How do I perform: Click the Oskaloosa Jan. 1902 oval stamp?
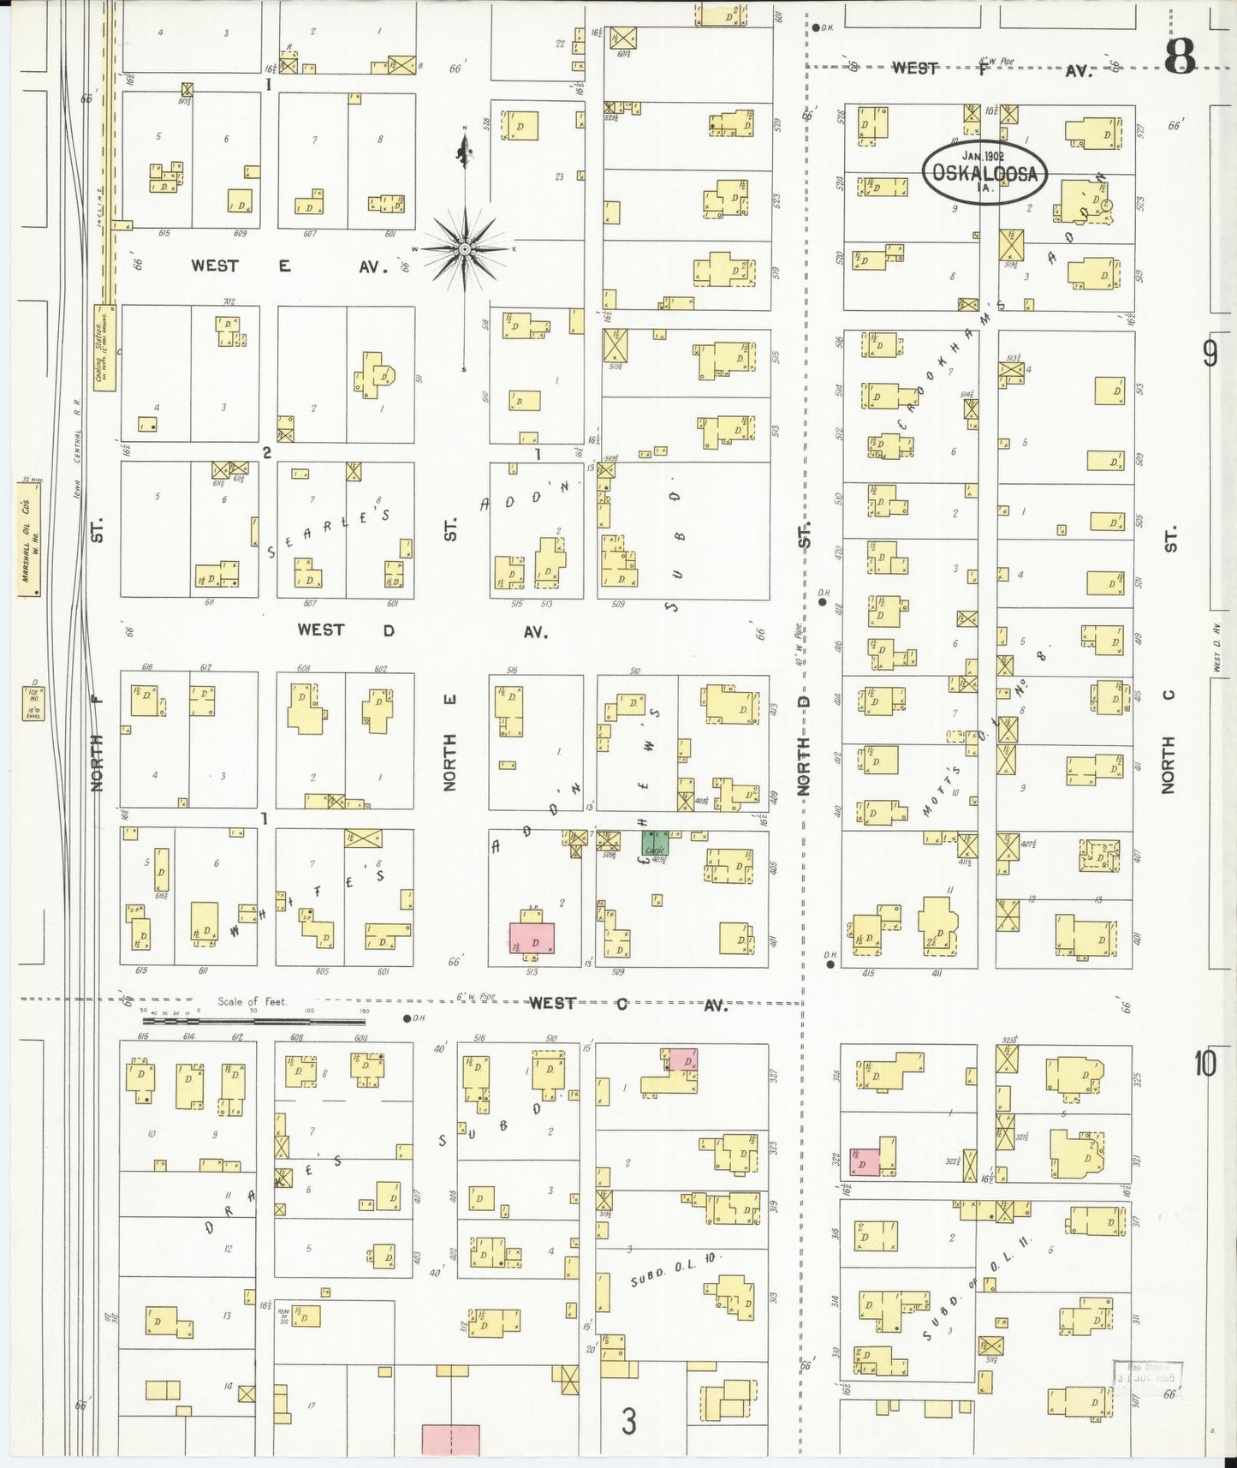tap(984, 173)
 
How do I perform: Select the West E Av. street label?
tap(288, 266)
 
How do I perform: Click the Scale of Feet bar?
tap(253, 1020)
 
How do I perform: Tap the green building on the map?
tap(655, 842)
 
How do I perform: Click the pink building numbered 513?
tap(532, 939)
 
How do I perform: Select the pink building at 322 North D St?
tap(864, 1162)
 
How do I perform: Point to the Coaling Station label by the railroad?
tap(104, 348)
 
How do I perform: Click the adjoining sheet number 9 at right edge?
tap(1209, 354)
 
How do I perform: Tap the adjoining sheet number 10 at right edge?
tap(1204, 1065)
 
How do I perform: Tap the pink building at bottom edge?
tap(450, 1439)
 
